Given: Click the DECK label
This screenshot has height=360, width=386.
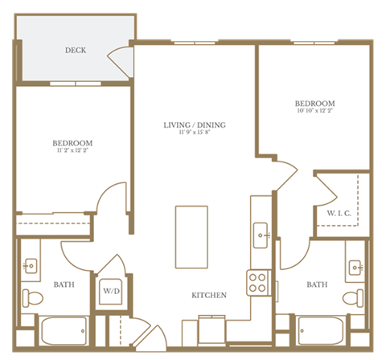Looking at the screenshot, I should coord(76,51).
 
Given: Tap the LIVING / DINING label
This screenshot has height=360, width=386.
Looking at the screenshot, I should coord(195,125).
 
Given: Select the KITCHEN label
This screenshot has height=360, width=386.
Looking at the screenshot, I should coord(208,295).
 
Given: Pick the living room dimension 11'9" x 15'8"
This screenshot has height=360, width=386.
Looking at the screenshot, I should coord(195,133).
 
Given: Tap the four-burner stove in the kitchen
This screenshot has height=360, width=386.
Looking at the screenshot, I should coord(257,281).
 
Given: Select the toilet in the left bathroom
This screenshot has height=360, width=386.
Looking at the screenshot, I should coord(31,298).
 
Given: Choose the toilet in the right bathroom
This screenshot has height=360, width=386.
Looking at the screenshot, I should coord(352,298).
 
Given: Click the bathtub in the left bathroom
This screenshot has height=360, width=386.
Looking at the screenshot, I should coord(63,330).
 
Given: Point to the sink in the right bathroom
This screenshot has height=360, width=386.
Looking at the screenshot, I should coord(355,265).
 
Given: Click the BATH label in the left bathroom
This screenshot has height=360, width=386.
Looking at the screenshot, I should coord(64,284).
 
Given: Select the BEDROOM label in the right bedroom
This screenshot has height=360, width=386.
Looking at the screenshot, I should coord(314,104).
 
